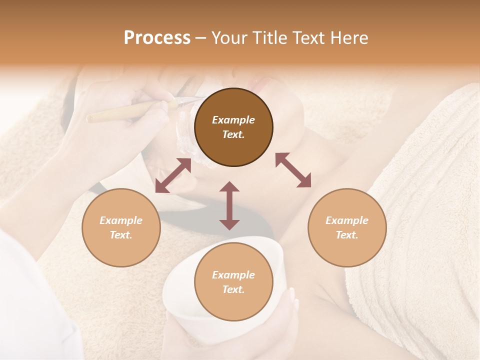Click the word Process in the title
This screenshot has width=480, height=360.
(x=157, y=38)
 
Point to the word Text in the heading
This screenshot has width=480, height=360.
(x=309, y=38)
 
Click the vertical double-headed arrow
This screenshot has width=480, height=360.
(x=229, y=205)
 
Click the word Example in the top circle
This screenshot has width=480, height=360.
(x=233, y=120)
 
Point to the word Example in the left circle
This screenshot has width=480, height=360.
(x=121, y=220)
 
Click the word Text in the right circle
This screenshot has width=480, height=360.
(x=347, y=235)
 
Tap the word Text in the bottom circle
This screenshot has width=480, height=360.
(x=233, y=289)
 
